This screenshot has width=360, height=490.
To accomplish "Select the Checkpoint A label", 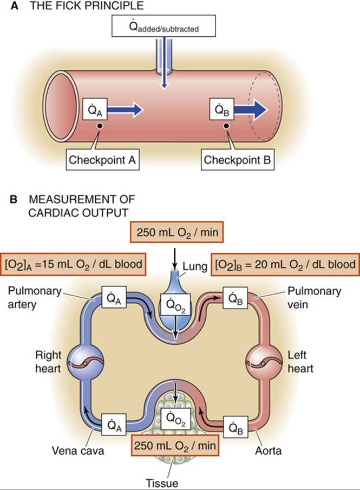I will tap(104, 160).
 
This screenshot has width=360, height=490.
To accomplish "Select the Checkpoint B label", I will tap(239, 160).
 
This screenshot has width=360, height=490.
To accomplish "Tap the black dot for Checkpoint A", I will tap(100, 126).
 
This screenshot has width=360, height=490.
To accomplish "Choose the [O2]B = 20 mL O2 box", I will tap(285, 265).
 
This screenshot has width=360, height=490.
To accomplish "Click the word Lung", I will tap(197, 266).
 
